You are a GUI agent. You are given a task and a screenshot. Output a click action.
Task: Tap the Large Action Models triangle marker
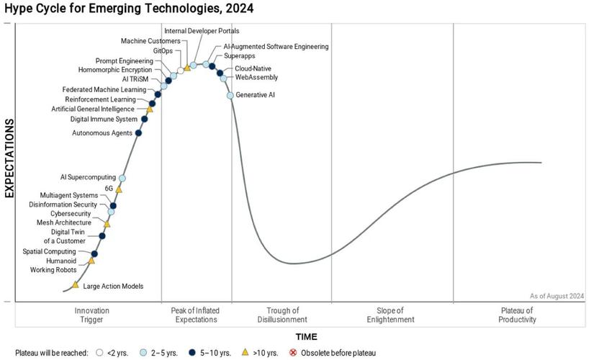click(76, 285)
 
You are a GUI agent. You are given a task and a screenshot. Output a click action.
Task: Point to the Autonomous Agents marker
click(139, 132)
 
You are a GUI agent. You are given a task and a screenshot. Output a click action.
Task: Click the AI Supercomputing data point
click(122, 178)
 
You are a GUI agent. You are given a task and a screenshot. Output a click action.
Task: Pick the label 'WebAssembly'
click(256, 78)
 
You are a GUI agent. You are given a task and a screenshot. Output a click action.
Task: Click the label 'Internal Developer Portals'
click(202, 31)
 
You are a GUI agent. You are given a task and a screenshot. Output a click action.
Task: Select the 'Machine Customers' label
click(150, 41)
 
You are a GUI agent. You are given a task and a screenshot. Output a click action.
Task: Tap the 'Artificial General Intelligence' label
click(97, 109)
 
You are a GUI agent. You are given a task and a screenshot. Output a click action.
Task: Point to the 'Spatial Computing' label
click(49, 251)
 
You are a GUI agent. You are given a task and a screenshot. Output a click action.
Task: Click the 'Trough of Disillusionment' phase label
click(281, 315)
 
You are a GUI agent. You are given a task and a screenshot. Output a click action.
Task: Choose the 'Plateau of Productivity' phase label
click(518, 315)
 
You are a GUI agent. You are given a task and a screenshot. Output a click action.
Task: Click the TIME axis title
click(305, 336)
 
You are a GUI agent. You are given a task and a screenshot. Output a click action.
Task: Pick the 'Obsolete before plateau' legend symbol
click(293, 353)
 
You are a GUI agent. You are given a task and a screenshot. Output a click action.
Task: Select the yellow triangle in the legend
click(245, 352)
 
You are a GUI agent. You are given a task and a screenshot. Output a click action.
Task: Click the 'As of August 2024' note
click(557, 296)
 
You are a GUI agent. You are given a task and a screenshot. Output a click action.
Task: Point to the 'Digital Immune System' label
click(104, 120)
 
